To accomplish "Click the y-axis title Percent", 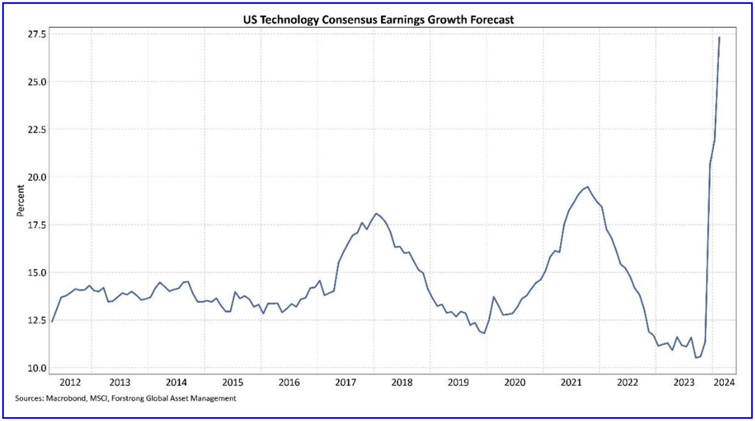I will pyautogui.click(x=21, y=201).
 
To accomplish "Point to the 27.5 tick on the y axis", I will pyautogui.click(x=34, y=34).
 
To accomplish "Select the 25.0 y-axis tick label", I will pyautogui.click(x=34, y=81).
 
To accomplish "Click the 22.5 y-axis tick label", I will pyautogui.click(x=34, y=130).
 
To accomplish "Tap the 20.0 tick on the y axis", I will pyautogui.click(x=34, y=177).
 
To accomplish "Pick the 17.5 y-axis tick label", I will pyautogui.click(x=34, y=225).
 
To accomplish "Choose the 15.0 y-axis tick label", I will pyautogui.click(x=34, y=272).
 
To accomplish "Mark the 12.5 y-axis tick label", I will pyautogui.click(x=34, y=320).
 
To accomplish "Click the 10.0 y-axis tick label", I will pyautogui.click(x=34, y=367).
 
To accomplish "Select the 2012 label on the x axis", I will pyautogui.click(x=70, y=382).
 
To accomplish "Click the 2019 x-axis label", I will pyautogui.click(x=458, y=382).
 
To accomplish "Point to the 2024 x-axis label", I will pyautogui.click(x=724, y=382).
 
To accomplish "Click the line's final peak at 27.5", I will pyautogui.click(x=719, y=37).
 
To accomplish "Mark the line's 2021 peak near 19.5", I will pyautogui.click(x=587, y=187).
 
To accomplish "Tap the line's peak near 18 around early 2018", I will pyautogui.click(x=376, y=213).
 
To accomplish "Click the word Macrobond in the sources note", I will pyautogui.click(x=61, y=399).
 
